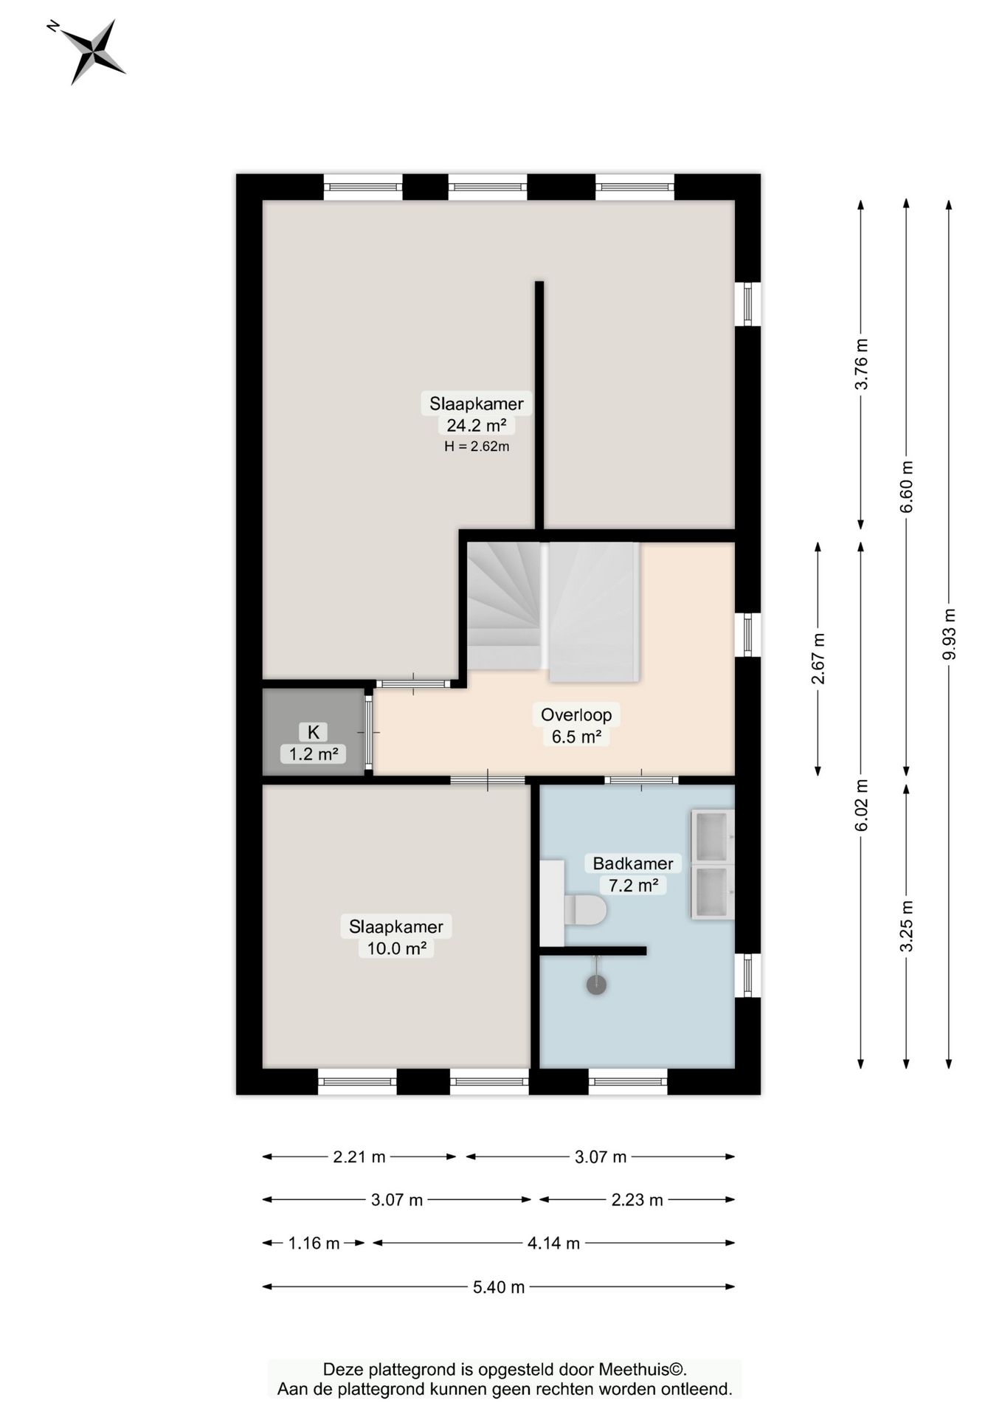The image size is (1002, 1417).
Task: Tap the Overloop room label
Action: click(576, 714)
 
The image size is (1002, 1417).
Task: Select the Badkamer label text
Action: click(633, 863)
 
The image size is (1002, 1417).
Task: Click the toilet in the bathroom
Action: click(585, 910)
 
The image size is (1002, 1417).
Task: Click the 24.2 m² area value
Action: click(476, 425)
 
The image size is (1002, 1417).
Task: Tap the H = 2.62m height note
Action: click(477, 447)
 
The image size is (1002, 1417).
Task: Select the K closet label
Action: click(314, 732)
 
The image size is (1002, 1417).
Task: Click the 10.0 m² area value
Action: click(396, 948)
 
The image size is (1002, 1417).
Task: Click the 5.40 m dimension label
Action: click(499, 1287)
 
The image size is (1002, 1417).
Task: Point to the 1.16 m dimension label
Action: click(314, 1244)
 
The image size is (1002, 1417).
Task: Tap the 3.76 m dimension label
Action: click(861, 364)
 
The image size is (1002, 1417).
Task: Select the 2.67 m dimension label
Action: click(818, 658)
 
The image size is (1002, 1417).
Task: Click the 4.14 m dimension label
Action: click(553, 1244)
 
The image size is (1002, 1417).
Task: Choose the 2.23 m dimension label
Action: click(637, 1200)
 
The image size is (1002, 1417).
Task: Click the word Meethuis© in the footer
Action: click(642, 1369)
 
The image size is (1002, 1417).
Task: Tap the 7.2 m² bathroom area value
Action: click(633, 885)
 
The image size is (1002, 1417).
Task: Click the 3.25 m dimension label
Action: click(906, 925)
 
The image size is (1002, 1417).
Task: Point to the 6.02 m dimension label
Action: click(861, 805)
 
